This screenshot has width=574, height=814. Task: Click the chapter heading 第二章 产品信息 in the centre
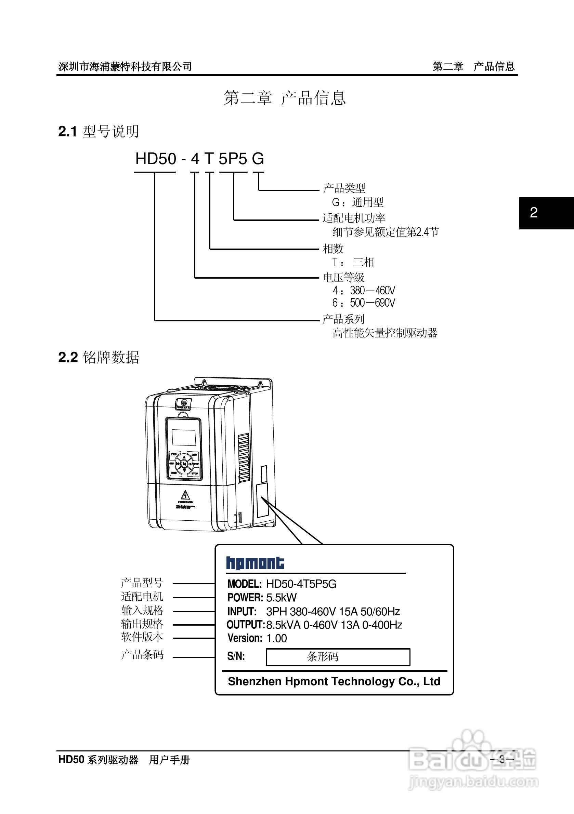[x=285, y=97]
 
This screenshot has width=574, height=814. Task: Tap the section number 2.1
[x=67, y=132]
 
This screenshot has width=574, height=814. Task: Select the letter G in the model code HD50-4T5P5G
[x=258, y=159]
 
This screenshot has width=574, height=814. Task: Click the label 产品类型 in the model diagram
[x=344, y=188]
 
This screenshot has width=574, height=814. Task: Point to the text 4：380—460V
[x=364, y=291]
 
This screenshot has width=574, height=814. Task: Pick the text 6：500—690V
[x=364, y=303]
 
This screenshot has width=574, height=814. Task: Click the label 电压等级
[x=343, y=277]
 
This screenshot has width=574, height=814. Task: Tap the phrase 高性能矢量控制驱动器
[x=385, y=333]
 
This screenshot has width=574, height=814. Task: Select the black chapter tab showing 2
[x=546, y=213]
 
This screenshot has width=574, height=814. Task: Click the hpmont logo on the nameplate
[x=255, y=563]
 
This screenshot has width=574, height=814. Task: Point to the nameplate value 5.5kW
[x=281, y=597]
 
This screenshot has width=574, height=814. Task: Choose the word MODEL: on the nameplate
[x=245, y=584]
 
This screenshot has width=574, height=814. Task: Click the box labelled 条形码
[x=338, y=657]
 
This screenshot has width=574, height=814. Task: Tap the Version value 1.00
[x=276, y=638]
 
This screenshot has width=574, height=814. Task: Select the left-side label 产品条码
[x=142, y=654]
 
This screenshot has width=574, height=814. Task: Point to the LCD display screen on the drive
[x=184, y=438]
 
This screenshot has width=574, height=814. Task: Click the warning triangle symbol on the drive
[x=185, y=495]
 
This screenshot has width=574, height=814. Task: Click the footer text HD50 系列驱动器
[x=98, y=759]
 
